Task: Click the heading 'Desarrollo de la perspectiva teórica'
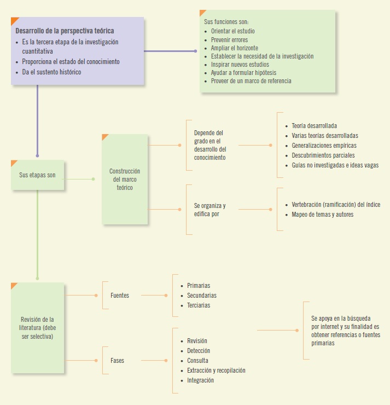tap(65, 31)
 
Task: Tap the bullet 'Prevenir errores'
tap(229, 40)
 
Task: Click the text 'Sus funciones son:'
tap(226, 22)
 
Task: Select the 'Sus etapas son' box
tap(38, 176)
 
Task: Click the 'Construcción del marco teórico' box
tap(125, 180)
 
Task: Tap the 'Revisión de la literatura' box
tap(38, 328)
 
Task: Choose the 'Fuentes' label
tap(120, 296)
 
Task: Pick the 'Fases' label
tap(117, 361)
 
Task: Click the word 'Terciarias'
tap(199, 305)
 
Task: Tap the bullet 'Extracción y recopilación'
tap(216, 371)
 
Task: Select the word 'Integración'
tap(200, 380)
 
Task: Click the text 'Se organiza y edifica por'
tap(209, 210)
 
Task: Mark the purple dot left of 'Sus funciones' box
tap(195, 51)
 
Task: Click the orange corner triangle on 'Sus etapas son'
tap(14, 163)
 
